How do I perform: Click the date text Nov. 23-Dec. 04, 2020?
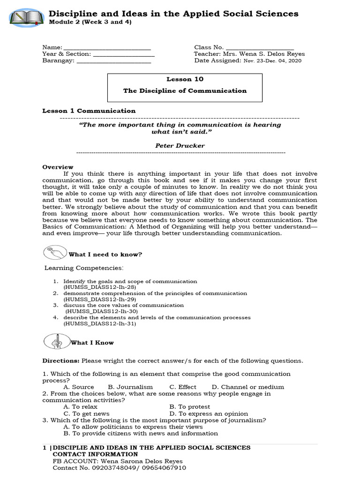coord(272,60)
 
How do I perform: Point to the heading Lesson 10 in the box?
coord(185,79)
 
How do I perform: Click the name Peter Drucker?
coord(180,146)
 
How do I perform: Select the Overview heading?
coord(58,167)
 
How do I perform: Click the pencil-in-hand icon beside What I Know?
coord(56,341)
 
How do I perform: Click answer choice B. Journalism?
coord(130,387)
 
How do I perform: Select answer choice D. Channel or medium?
coord(247,387)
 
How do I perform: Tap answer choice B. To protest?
coord(189,407)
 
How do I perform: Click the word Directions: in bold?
coord(61,361)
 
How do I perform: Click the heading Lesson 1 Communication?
coord(89,111)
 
